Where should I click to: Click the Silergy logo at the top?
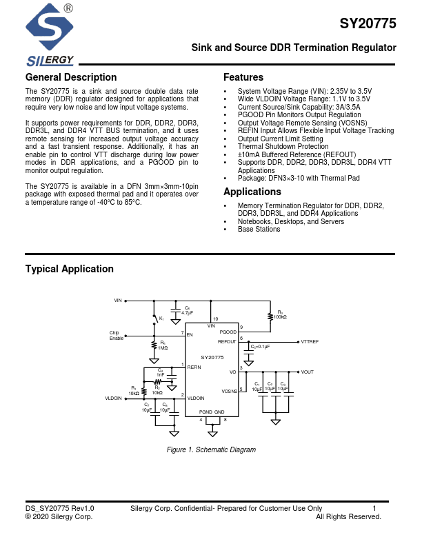pyautogui.click(x=49, y=34)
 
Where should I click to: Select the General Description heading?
pyautogui.click(x=71, y=77)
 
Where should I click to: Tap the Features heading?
pyautogui.click(x=243, y=77)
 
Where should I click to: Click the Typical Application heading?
pyautogui.click(x=69, y=269)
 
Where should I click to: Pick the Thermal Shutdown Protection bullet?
pyautogui.click(x=283, y=147)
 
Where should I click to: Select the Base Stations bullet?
pyautogui.click(x=259, y=229)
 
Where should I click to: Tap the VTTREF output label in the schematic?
pyautogui.click(x=310, y=342)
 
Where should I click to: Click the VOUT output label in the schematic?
pyautogui.click(x=307, y=372)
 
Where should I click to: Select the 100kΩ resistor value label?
pyautogui.click(x=280, y=316)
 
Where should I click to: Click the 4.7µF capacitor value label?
pyautogui.click(x=187, y=312)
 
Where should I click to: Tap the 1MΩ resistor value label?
pyautogui.click(x=163, y=348)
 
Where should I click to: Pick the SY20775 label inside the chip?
pyautogui.click(x=212, y=357)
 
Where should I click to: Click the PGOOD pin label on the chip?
pyautogui.click(x=228, y=332)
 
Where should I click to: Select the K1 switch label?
pyautogui.click(x=161, y=318)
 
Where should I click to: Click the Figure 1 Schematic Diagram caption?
pyautogui.click(x=211, y=450)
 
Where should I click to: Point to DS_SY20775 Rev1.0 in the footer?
pyautogui.click(x=59, y=508)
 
